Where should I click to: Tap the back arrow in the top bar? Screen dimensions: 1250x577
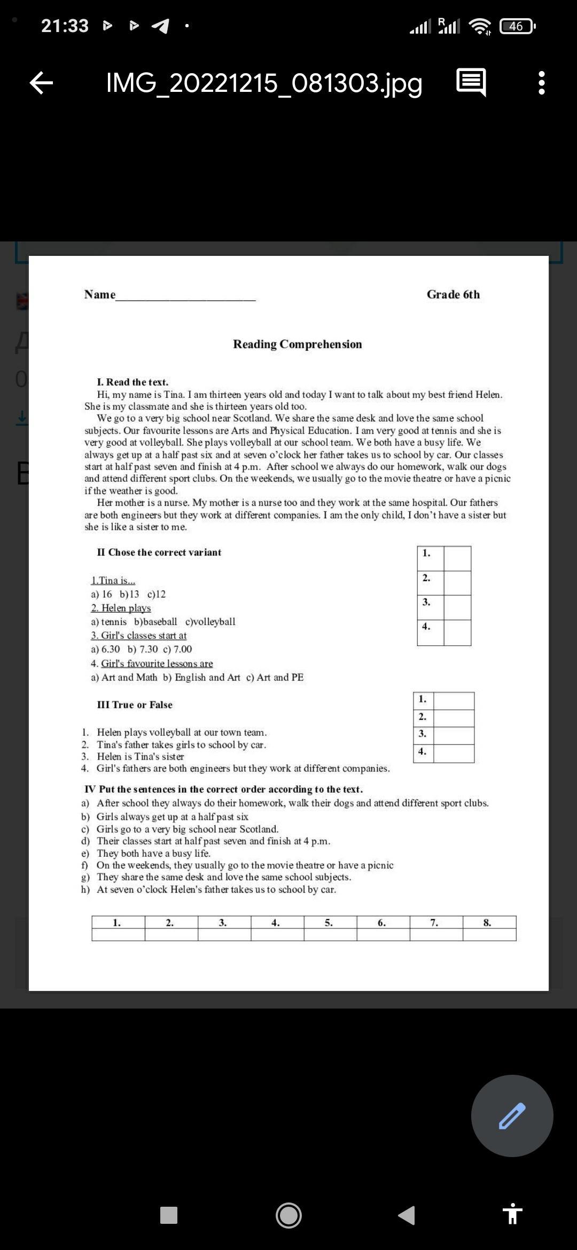(x=41, y=83)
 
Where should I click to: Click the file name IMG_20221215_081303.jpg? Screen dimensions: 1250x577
(x=264, y=83)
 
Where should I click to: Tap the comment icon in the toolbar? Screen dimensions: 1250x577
(x=471, y=83)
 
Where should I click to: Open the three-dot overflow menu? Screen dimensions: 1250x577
(x=542, y=83)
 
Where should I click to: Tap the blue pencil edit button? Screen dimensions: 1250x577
(x=512, y=1115)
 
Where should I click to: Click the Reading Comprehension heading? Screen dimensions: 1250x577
(x=297, y=345)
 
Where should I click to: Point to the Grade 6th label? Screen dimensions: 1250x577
(x=453, y=294)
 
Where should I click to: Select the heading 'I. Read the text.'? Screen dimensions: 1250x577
(x=132, y=382)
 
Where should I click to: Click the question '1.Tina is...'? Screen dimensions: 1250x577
(x=113, y=581)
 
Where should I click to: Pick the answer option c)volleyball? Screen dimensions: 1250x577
(x=210, y=622)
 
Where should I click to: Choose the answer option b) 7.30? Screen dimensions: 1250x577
(x=143, y=649)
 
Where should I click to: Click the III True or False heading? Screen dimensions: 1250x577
(x=135, y=705)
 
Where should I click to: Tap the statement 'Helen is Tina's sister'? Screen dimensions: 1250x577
(x=140, y=756)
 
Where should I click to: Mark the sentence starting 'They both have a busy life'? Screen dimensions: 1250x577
(x=153, y=853)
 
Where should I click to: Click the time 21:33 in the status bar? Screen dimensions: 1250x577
(x=65, y=26)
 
